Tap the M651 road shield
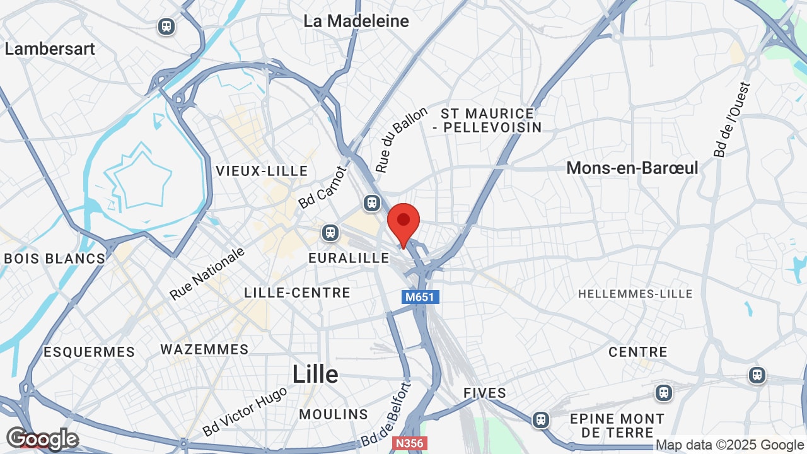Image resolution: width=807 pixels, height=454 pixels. click(420, 296)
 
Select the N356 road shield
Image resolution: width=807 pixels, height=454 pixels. click(409, 443)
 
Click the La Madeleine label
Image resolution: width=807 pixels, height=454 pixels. click(356, 21)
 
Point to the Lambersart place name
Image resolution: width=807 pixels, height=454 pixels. click(50, 49)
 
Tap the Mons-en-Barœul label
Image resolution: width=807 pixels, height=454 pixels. click(632, 168)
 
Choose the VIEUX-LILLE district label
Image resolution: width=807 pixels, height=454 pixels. click(262, 171)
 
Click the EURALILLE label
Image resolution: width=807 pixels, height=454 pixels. click(349, 258)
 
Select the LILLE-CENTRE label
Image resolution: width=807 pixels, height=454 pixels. click(297, 293)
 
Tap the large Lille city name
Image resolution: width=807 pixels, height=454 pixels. click(315, 374)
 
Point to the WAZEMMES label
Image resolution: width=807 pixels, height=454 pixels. click(204, 349)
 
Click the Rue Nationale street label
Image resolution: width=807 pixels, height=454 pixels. click(207, 274)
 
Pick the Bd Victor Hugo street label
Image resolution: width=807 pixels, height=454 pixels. click(245, 411)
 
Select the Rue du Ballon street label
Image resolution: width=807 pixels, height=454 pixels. click(402, 139)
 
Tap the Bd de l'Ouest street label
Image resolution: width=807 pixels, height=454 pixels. click(733, 119)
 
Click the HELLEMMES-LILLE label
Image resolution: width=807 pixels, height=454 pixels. click(635, 294)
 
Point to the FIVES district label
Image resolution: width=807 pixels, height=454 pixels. click(485, 393)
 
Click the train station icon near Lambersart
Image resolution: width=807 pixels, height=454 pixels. click(166, 26)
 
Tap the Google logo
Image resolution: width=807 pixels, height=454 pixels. click(42, 439)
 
